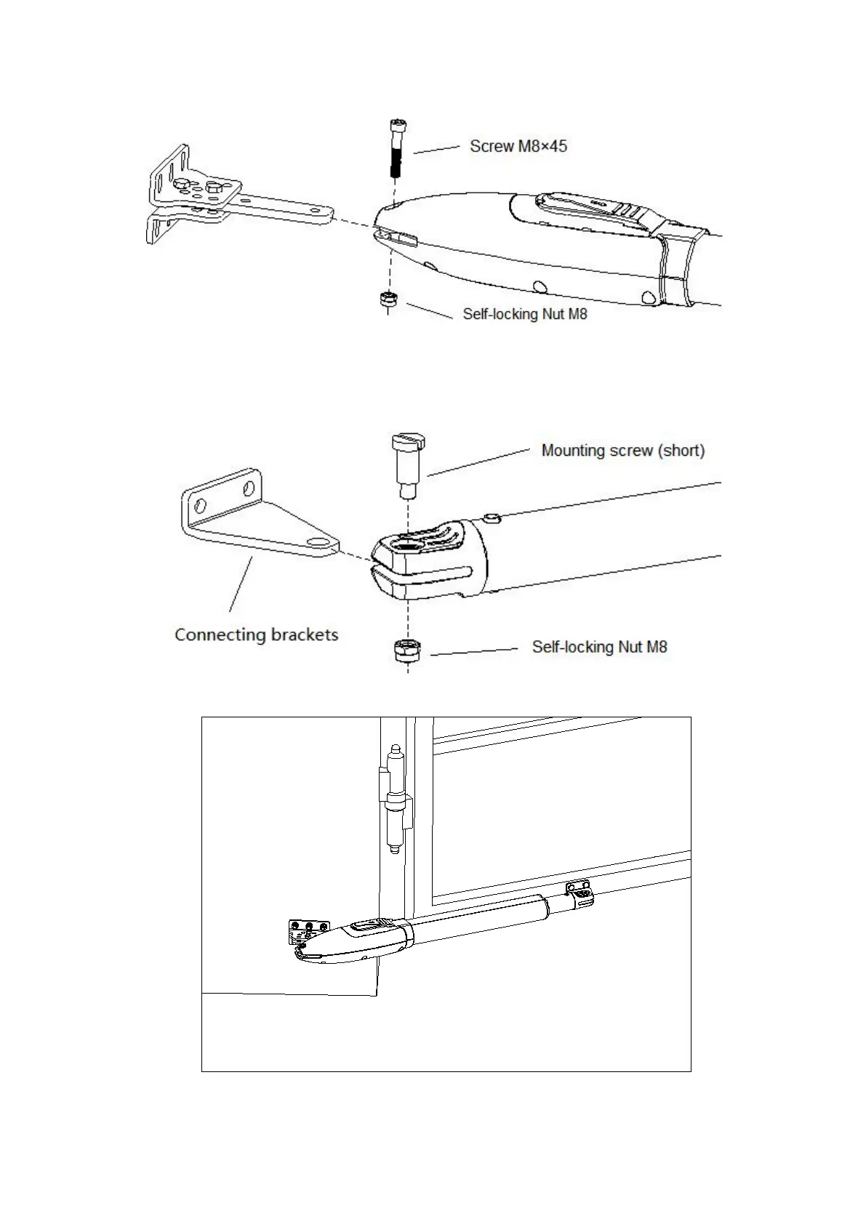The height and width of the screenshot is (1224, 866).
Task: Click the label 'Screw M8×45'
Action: pos(518,146)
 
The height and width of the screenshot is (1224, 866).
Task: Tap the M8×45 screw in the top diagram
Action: pos(396,149)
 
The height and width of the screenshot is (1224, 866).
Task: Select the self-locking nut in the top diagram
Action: pos(388,299)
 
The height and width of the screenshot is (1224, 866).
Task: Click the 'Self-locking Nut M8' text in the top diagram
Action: pos(524,314)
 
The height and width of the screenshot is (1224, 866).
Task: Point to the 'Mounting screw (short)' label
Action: pos(622,451)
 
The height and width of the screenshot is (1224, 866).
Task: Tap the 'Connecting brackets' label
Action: pos(256,635)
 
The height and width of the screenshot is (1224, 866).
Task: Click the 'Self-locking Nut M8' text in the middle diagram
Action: pos(599,647)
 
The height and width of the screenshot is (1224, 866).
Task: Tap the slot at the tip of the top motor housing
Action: pos(397,236)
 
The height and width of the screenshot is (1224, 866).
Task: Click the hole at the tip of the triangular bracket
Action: pos(317,542)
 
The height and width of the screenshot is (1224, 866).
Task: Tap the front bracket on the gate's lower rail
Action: pos(580,894)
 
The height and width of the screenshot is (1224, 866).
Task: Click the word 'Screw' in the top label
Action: pos(492,146)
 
